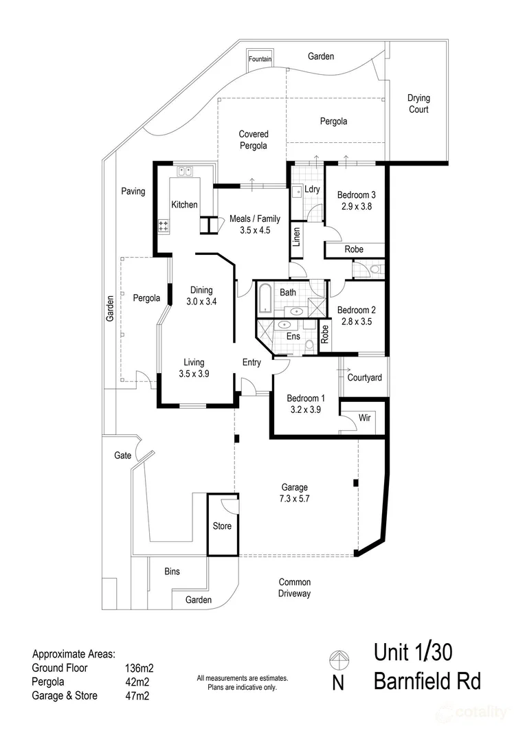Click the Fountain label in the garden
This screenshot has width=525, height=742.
tap(260, 59)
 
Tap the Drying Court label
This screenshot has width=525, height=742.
tap(418, 104)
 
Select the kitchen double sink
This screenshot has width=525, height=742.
tap(184, 171)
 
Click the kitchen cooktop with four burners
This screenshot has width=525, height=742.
tap(164, 226)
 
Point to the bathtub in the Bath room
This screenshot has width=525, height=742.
tap(265, 298)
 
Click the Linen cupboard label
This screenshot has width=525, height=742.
tap(297, 236)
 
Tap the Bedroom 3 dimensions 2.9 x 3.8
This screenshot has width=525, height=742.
tap(357, 206)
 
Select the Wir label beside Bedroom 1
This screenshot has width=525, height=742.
tap(364, 418)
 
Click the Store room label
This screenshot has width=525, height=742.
tap(222, 526)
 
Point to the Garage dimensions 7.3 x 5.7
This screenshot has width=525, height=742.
tap(295, 498)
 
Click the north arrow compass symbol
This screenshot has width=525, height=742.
tap(339, 659)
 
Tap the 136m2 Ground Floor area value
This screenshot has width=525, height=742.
tap(139, 668)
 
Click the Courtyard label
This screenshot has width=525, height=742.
tap(364, 378)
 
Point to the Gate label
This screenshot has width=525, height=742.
tap(122, 456)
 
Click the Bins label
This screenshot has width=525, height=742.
tap(172, 571)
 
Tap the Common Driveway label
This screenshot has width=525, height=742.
tap(295, 587)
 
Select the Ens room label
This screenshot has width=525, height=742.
tap(293, 336)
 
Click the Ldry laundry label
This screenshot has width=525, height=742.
tap(312, 190)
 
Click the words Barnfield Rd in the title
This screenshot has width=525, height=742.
tap(427, 682)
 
